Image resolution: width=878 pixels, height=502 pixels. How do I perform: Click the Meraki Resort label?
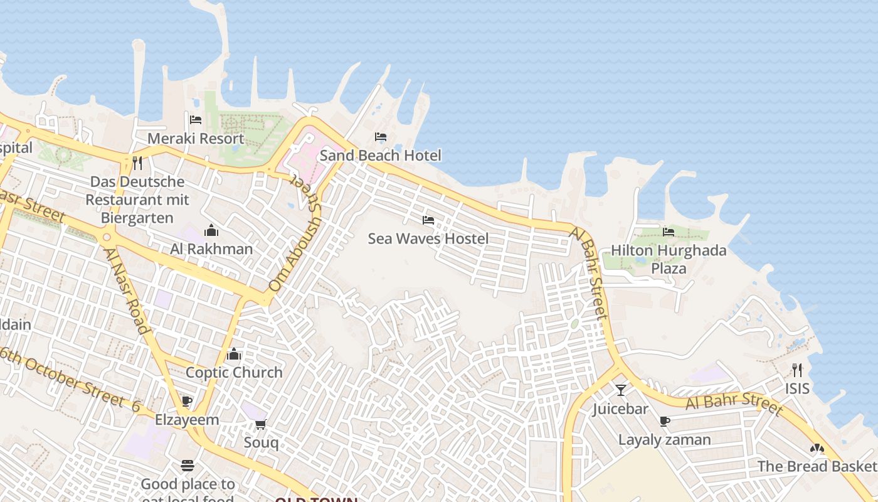point(196,139)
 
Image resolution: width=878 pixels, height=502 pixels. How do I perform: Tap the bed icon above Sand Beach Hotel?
point(380,137)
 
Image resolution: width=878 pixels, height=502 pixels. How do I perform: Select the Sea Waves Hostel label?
point(428,238)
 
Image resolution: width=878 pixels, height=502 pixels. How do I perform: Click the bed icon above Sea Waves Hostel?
point(428,220)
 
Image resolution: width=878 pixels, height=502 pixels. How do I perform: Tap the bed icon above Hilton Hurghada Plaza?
point(669,232)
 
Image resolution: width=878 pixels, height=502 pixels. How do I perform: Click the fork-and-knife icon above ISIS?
point(797,370)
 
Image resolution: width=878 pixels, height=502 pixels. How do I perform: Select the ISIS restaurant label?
point(797,388)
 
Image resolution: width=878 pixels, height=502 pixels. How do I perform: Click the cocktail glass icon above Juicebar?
point(621,390)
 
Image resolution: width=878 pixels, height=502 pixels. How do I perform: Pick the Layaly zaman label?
point(665,440)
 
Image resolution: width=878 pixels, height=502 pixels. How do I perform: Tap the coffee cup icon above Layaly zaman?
point(665,421)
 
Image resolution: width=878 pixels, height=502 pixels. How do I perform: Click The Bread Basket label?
point(816,466)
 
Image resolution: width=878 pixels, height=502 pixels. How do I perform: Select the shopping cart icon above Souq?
point(261,424)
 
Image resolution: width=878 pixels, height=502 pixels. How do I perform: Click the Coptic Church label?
point(234,372)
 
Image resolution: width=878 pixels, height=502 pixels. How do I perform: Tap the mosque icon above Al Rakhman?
point(211,230)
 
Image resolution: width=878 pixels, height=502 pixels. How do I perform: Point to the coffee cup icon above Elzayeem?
point(186,401)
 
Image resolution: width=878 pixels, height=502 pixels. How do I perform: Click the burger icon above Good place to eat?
point(187,466)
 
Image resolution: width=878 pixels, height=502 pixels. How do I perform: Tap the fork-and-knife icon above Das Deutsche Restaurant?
point(137,163)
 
